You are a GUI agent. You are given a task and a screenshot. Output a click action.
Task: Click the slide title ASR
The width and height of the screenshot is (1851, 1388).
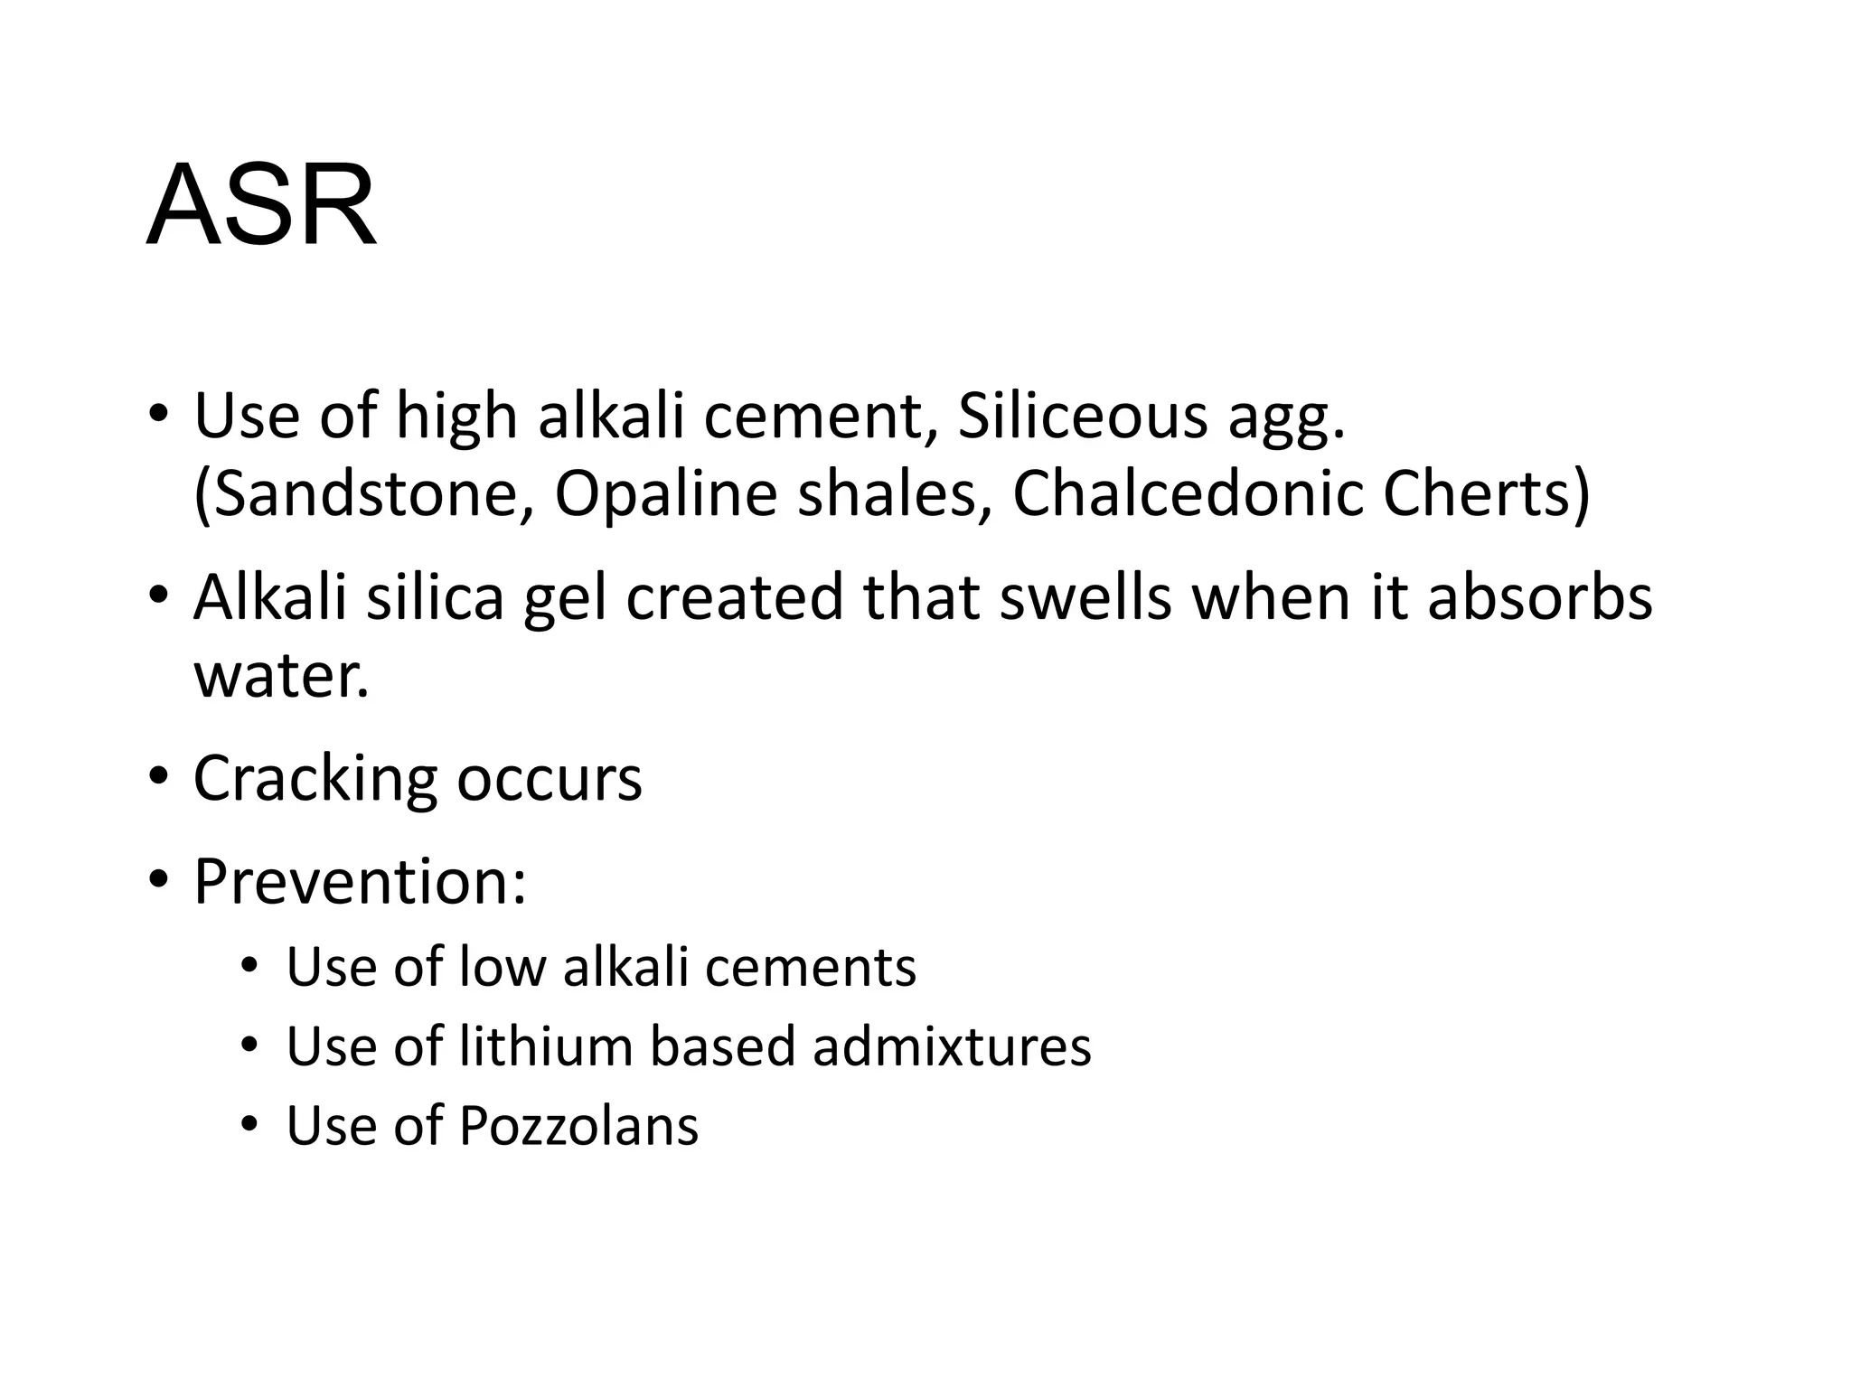coord(260,205)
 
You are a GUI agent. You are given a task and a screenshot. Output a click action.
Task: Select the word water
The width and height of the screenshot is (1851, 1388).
coord(281,675)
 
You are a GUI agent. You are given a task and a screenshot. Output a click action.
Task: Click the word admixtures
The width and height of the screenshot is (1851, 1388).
coord(952,1046)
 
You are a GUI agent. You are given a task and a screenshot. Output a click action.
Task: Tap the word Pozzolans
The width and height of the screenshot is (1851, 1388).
coord(578,1126)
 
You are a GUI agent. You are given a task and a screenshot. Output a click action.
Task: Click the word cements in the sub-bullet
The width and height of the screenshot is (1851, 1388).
coord(810,966)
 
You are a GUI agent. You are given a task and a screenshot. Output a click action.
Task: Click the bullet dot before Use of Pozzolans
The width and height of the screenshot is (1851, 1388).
coord(249,1126)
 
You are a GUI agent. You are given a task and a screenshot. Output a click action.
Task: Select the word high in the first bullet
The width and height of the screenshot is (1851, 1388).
coord(456,417)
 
